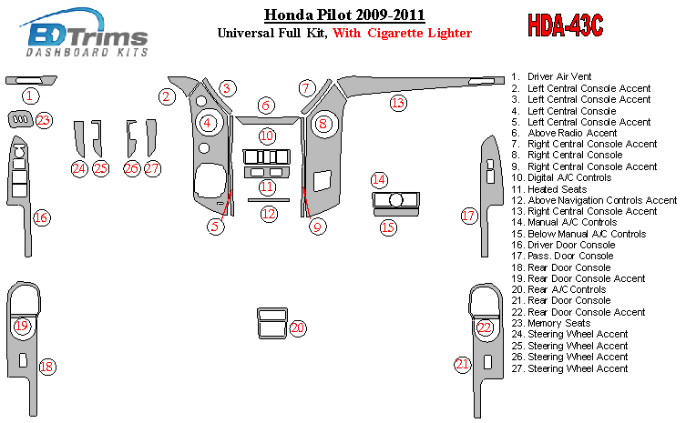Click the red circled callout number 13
pyautogui.click(x=397, y=103)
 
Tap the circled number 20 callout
pyautogui.click(x=297, y=327)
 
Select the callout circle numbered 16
pyautogui.click(x=41, y=217)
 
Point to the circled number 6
pyautogui.click(x=265, y=106)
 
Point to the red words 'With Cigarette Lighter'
pyautogui.click(x=402, y=34)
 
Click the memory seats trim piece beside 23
pyautogui.click(x=17, y=119)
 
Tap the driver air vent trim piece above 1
pyautogui.click(x=31, y=81)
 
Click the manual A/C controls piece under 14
pyautogui.click(x=394, y=200)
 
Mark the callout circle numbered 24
pyautogui.click(x=79, y=167)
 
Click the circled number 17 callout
pyautogui.click(x=468, y=216)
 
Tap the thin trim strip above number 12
pyautogui.click(x=268, y=199)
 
